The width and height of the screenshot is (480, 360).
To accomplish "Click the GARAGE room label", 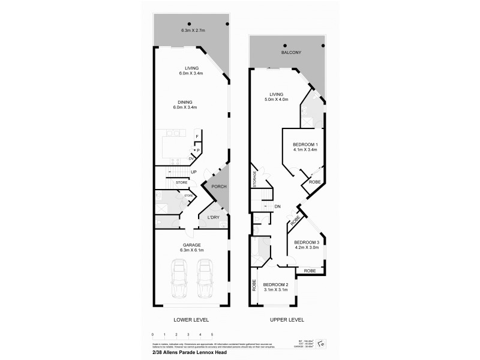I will click(192, 245).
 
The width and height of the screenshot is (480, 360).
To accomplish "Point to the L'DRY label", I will click(213, 217).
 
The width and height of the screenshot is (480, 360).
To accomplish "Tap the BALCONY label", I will click(291, 53).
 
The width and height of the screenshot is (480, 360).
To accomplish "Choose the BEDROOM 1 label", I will click(305, 145).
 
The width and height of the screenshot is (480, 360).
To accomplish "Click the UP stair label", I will click(193, 172).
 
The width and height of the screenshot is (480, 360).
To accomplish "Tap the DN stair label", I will click(277, 207).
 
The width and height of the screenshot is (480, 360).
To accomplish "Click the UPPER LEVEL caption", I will click(287, 320).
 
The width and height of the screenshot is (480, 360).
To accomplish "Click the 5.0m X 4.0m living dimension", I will click(276, 100).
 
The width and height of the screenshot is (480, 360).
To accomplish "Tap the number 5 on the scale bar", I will click(212, 334).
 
